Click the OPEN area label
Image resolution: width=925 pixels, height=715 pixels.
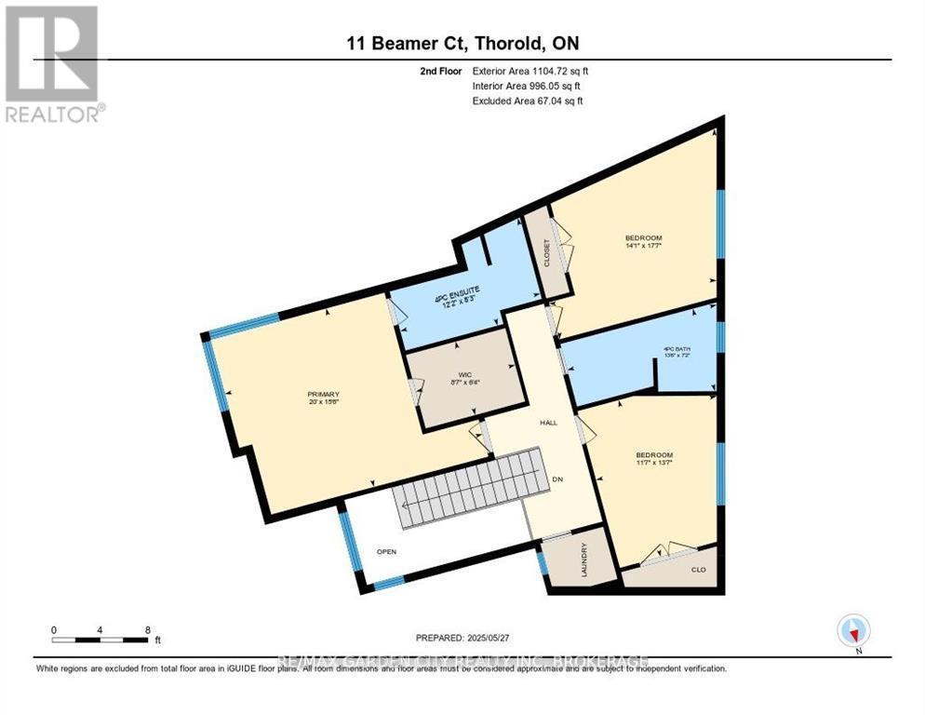tap(386, 551)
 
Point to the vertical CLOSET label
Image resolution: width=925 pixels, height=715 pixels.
tap(546, 254)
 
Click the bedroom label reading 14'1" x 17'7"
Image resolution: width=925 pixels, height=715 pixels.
tap(643, 243)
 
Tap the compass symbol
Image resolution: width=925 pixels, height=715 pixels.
tap(852, 631)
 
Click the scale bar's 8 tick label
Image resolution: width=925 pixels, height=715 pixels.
tap(148, 629)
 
